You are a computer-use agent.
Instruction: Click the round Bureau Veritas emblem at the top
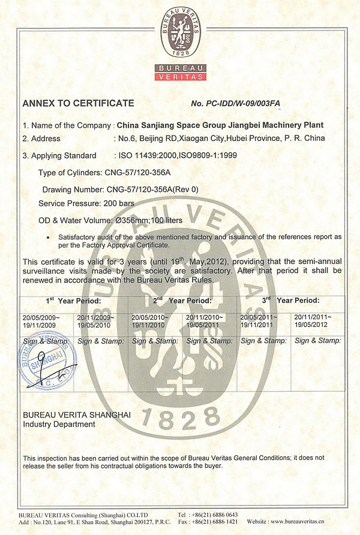point(180,29)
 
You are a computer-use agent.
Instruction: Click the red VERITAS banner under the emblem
point(180,76)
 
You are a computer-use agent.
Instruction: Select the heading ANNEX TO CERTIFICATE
point(78,103)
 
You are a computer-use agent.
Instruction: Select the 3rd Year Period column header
point(291,300)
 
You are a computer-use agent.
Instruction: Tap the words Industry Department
point(59,424)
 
